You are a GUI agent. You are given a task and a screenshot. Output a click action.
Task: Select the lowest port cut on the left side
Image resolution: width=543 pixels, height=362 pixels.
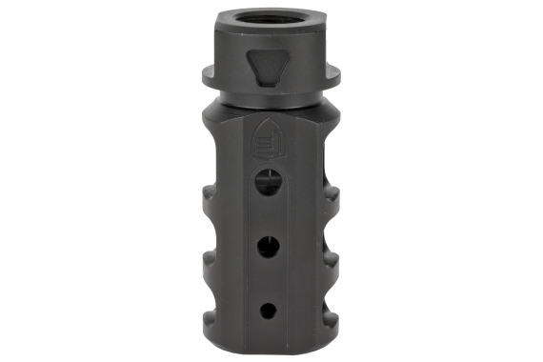208,320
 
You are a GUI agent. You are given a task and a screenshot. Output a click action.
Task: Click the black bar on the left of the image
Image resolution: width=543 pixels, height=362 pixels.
45,181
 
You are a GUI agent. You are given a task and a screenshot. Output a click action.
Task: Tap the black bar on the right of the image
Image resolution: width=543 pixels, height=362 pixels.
497,181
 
